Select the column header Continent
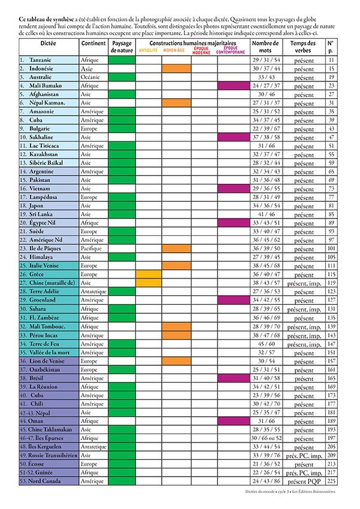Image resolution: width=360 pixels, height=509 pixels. click(x=93, y=44)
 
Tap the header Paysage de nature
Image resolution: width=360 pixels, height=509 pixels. click(x=122, y=47)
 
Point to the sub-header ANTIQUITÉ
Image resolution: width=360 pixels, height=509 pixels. click(x=149, y=51)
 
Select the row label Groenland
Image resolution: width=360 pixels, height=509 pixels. click(x=43, y=299)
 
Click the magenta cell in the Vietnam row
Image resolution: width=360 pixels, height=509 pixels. click(x=231, y=188)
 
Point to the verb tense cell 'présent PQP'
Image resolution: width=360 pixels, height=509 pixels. click(x=304, y=480)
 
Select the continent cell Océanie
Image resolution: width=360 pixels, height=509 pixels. click(x=91, y=77)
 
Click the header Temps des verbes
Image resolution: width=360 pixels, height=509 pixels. click(x=304, y=47)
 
